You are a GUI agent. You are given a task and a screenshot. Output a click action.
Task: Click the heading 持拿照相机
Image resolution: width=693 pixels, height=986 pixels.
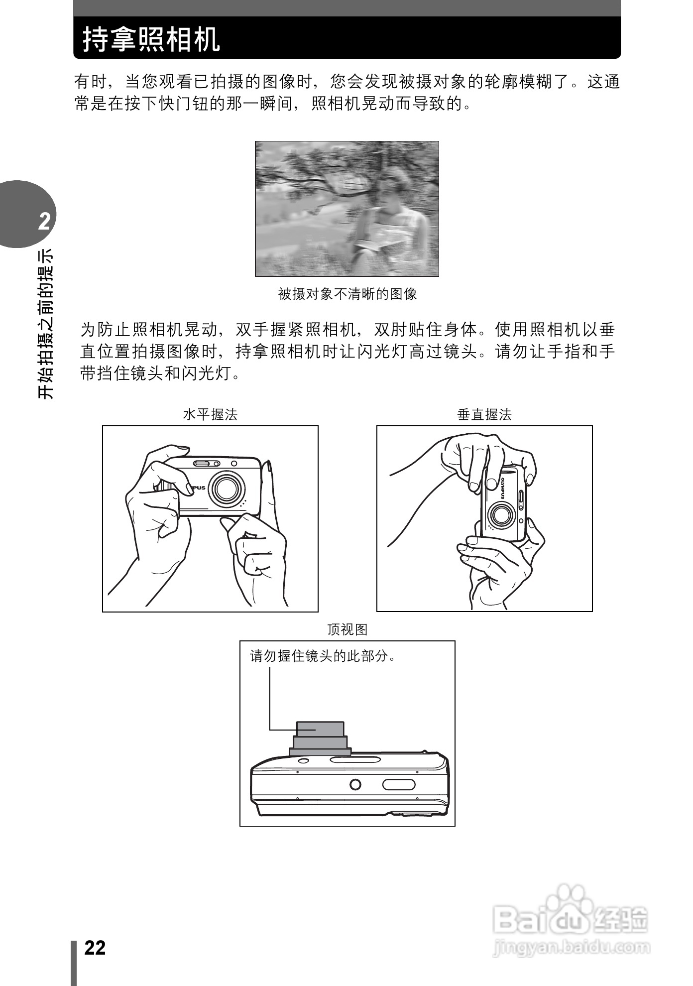(x=151, y=39)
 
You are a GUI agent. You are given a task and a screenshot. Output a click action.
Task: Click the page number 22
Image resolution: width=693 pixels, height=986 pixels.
(x=95, y=948)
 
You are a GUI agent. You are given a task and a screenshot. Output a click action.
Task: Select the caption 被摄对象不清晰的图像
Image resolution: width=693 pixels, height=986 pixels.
(x=347, y=294)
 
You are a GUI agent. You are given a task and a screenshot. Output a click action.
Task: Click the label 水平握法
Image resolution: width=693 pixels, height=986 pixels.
(x=210, y=414)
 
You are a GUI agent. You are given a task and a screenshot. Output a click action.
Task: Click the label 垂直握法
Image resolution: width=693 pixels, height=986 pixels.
(x=484, y=414)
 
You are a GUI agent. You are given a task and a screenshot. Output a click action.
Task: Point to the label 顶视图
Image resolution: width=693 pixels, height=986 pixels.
(x=347, y=629)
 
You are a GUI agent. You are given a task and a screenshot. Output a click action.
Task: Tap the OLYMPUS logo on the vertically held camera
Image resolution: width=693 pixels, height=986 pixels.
(x=503, y=488)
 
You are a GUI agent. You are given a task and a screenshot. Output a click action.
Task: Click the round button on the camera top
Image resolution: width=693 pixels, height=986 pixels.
(x=355, y=785)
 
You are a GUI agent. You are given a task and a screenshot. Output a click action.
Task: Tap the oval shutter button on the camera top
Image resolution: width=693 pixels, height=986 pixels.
(x=398, y=785)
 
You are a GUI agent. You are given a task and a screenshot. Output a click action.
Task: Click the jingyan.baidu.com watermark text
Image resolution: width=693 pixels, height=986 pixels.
(x=571, y=947)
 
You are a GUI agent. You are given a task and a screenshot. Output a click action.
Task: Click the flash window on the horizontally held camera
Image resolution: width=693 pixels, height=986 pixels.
(x=206, y=464)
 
